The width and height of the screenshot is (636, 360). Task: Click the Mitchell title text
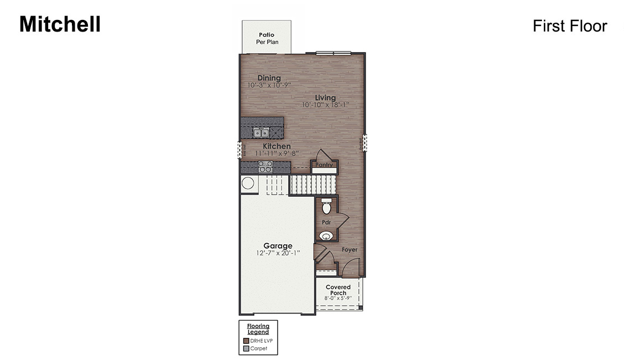pyautogui.click(x=60, y=24)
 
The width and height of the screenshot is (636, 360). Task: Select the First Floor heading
pyautogui.click(x=570, y=26)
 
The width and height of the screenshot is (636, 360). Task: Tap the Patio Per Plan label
pyautogui.click(x=267, y=38)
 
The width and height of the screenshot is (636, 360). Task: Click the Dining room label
pyautogui.click(x=269, y=78)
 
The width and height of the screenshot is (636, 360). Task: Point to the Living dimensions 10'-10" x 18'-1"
pyautogui.click(x=325, y=105)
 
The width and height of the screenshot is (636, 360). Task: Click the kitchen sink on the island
pyautogui.click(x=261, y=133)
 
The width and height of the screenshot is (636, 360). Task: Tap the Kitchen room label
pyautogui.click(x=277, y=146)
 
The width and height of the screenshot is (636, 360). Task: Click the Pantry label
pyautogui.click(x=324, y=165)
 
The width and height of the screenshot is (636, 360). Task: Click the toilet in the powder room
pyautogui.click(x=326, y=207)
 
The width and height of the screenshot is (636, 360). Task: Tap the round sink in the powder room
pyautogui.click(x=326, y=236)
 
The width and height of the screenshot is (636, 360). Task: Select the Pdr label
pyautogui.click(x=326, y=222)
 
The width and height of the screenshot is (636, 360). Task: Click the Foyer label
pyautogui.click(x=349, y=250)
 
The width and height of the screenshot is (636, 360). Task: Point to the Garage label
pyautogui.click(x=278, y=246)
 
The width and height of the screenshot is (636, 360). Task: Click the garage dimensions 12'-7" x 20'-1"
pyautogui.click(x=278, y=253)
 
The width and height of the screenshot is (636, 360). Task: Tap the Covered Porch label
pyautogui.click(x=338, y=290)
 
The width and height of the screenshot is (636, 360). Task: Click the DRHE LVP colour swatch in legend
pyautogui.click(x=246, y=341)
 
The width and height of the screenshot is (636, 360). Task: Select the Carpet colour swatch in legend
pyautogui.click(x=246, y=348)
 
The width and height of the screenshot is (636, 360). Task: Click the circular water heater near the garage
pyautogui.click(x=248, y=184)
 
